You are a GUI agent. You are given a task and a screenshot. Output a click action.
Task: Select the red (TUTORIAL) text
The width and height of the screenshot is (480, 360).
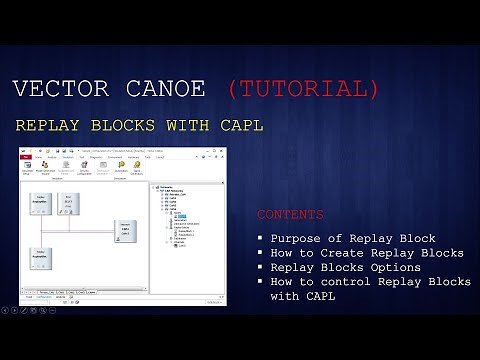[304, 89]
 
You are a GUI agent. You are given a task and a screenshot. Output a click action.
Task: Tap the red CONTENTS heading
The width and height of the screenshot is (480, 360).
[290, 215]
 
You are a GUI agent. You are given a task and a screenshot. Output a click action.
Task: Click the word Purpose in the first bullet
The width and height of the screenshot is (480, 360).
[295, 238]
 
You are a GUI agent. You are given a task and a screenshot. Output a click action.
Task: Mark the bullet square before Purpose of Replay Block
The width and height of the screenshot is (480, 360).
[261, 239]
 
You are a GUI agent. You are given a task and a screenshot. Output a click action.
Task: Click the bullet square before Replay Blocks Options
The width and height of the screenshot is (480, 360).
[261, 269]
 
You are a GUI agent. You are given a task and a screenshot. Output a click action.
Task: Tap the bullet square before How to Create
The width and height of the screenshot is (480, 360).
[261, 254]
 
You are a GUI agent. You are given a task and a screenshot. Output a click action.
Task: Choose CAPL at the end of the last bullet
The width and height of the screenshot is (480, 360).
[314, 298]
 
